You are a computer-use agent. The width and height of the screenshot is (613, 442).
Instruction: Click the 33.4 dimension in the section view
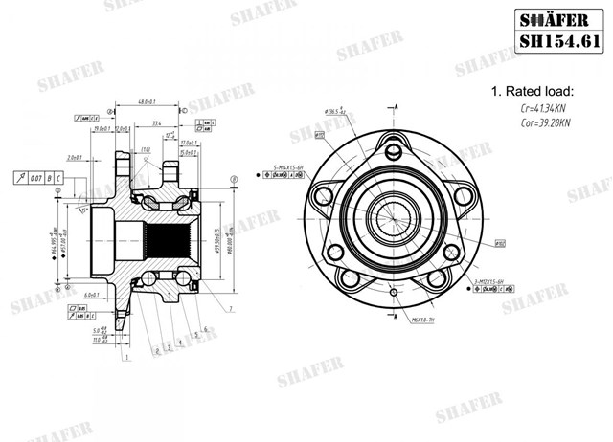click(x=155, y=122)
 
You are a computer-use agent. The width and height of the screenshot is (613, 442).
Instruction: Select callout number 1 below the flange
click(x=125, y=359)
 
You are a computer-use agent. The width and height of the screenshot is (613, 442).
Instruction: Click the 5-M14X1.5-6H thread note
click(x=288, y=166)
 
